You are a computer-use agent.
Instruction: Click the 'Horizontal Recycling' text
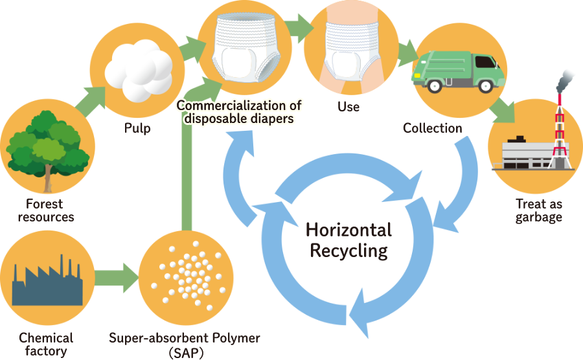point(349,240)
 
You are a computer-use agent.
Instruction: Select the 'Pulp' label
point(137,128)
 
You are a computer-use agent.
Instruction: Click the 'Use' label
point(349,105)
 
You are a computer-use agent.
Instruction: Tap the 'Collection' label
point(433,128)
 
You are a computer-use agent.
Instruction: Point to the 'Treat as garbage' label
point(539,210)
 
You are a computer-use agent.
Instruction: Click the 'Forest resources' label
point(46,210)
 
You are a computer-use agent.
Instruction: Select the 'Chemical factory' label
point(46,344)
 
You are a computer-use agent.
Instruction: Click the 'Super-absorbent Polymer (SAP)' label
point(184,344)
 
